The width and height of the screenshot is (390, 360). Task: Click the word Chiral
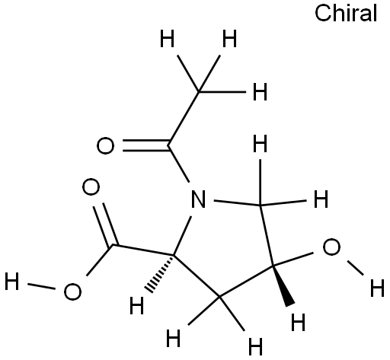(346, 13)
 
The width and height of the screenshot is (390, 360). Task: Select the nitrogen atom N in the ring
(198, 199)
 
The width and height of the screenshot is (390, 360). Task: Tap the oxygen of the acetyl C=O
(105, 145)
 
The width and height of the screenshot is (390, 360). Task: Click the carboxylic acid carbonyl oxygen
(91, 187)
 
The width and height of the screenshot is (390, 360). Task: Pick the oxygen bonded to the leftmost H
(72, 292)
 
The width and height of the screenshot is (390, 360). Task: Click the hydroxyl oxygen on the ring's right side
(331, 247)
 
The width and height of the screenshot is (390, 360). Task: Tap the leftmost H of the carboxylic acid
(11, 281)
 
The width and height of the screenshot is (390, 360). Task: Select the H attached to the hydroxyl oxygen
(377, 288)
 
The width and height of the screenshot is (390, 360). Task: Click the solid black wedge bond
(283, 285)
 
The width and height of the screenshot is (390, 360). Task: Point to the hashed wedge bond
(160, 273)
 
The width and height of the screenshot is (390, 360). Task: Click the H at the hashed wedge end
(136, 305)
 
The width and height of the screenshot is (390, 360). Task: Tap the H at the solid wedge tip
(298, 322)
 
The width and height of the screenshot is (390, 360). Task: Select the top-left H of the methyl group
(168, 38)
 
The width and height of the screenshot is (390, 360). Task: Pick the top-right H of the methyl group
(229, 38)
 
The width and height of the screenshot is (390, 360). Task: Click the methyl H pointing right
(260, 91)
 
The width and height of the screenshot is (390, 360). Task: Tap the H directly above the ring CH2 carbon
(261, 143)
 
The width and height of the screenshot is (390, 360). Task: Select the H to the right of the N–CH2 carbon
(321, 199)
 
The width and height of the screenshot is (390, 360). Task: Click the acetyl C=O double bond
(145, 145)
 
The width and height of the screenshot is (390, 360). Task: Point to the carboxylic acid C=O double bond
(106, 225)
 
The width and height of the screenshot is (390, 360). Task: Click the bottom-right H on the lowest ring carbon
(255, 346)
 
